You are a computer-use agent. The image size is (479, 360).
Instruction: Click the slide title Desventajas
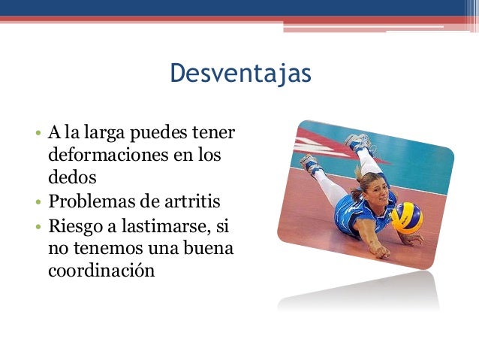(239, 74)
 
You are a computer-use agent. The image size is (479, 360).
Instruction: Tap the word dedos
(72, 178)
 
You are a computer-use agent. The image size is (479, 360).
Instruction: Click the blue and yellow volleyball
(406, 217)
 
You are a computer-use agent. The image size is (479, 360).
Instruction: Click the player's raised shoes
(357, 141)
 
